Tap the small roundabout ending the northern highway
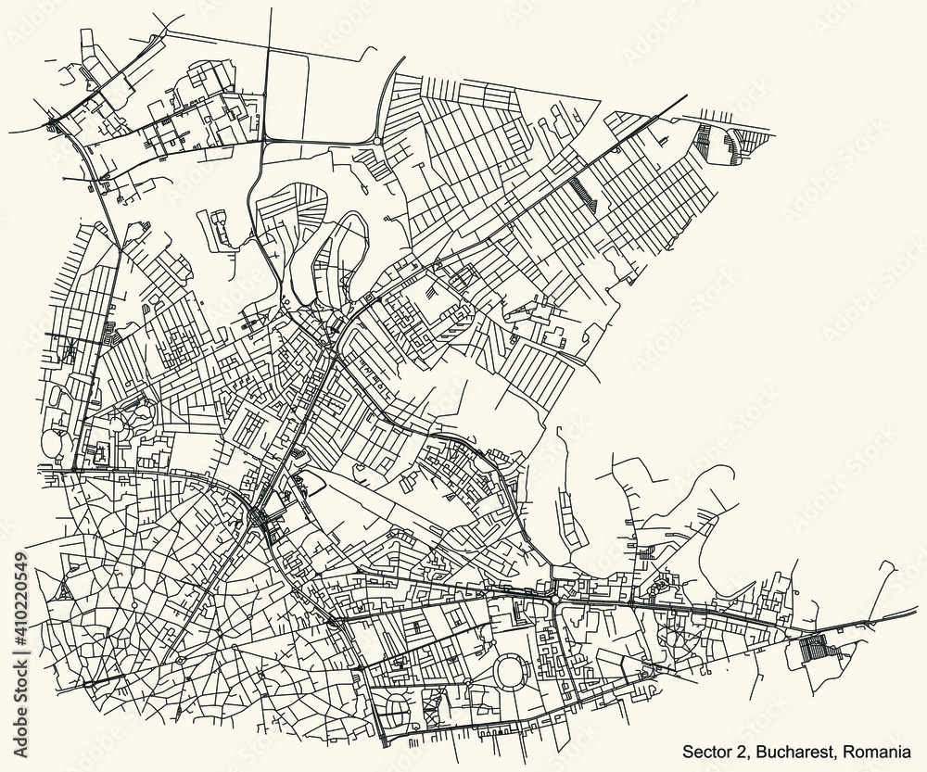tap(377, 139)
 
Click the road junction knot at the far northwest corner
tap(54, 121)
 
